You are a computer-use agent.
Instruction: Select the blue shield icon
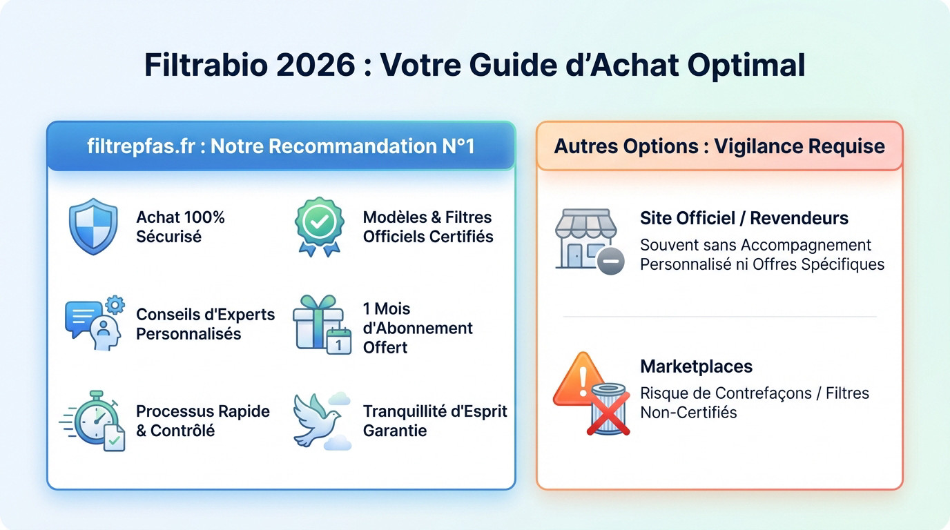(x=93, y=226)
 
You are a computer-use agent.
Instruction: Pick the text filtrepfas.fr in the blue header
(x=142, y=146)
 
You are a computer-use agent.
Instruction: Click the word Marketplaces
(x=696, y=366)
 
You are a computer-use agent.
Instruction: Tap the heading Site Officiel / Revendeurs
(x=744, y=218)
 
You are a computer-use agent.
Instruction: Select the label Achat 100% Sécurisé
(x=180, y=227)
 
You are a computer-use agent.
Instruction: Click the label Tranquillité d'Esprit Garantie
(x=435, y=421)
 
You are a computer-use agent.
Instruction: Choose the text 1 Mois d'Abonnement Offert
(x=418, y=328)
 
